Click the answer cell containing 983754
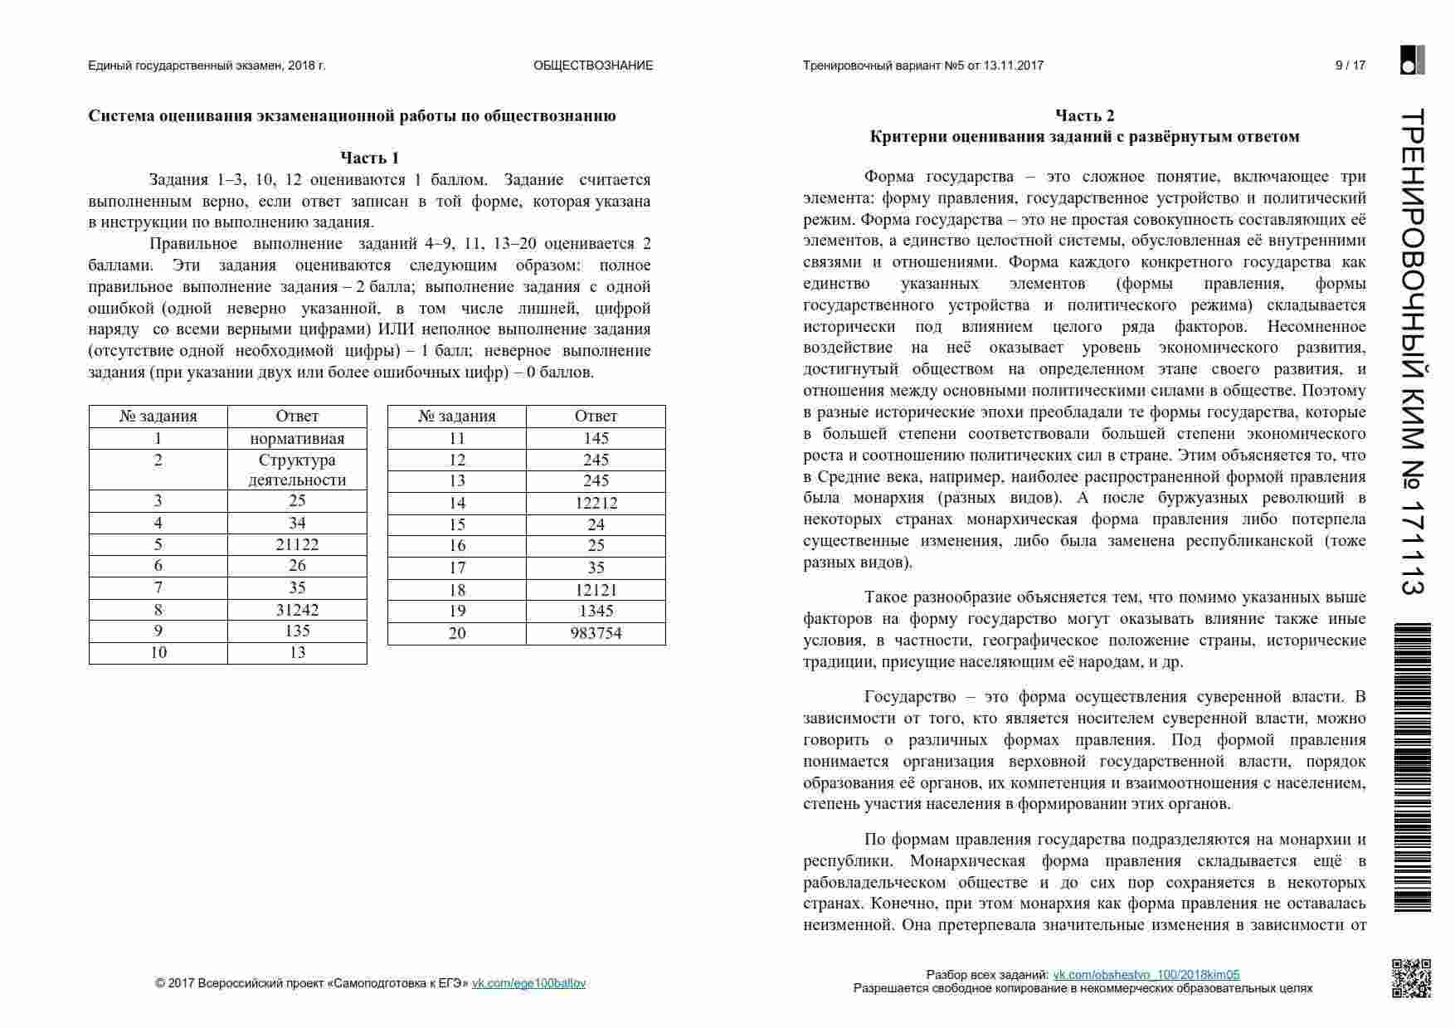tap(596, 633)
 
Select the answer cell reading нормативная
tap(297, 438)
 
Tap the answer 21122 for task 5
tap(297, 544)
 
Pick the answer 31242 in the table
tap(297, 610)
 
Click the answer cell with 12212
tap(596, 503)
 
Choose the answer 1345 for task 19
tap(596, 611)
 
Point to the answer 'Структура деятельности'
tap(297, 470)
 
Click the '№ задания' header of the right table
tap(456, 417)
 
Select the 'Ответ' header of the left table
tap(297, 417)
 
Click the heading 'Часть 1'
tap(369, 158)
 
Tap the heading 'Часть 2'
tap(1084, 115)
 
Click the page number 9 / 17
tap(1350, 66)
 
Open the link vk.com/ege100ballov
tap(528, 983)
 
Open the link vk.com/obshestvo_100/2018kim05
tap(1146, 975)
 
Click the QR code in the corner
tap(1411, 978)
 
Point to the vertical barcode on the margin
tap(1412, 767)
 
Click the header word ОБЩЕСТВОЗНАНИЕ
tap(593, 66)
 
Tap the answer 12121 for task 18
tap(596, 590)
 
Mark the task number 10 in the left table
tap(158, 652)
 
